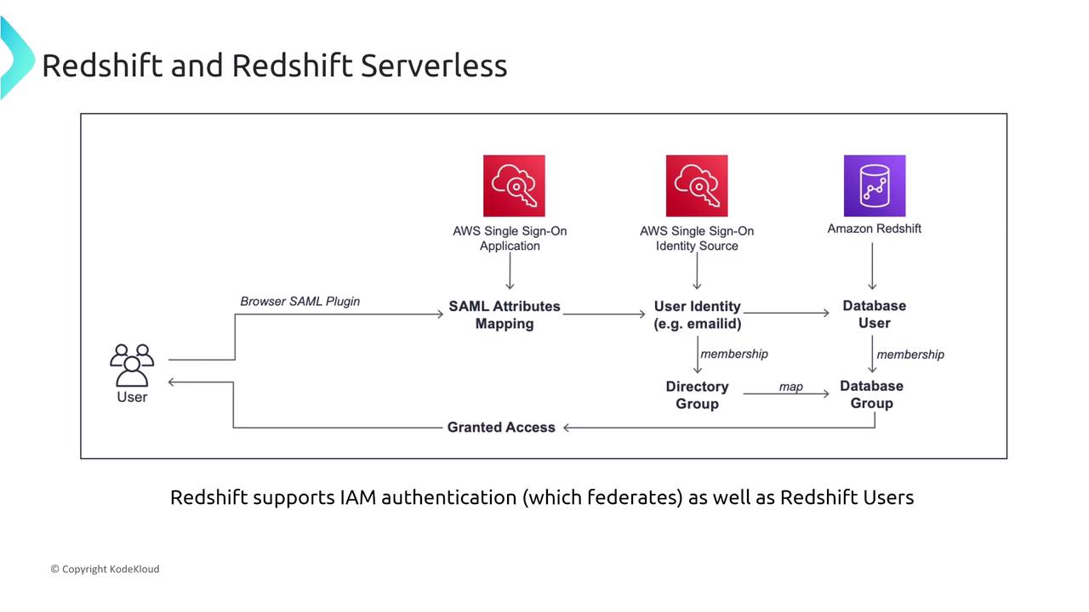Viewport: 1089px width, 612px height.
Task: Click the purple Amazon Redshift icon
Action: point(874,185)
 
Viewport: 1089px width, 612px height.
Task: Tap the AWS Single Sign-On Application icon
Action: point(514,185)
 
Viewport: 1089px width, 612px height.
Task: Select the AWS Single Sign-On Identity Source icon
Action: point(697,185)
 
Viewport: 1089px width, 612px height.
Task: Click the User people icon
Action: point(132,365)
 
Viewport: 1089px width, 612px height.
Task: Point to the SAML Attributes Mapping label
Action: point(505,314)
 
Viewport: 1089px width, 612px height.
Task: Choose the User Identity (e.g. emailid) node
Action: point(697,314)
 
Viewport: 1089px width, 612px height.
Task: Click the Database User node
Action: point(874,314)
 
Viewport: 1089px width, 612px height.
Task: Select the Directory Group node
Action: point(697,394)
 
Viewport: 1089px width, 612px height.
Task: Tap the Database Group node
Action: point(871,394)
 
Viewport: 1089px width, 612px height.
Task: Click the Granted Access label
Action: point(501,427)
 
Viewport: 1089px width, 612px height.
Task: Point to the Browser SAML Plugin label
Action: point(299,301)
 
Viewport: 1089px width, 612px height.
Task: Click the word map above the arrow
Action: point(790,387)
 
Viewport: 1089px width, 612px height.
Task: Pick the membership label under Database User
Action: point(910,354)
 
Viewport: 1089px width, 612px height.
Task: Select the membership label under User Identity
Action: point(733,353)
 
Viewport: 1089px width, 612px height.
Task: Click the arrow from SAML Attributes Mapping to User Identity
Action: point(604,314)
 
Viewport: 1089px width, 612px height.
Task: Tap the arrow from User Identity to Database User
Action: point(786,313)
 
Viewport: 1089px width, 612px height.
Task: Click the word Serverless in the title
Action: point(434,65)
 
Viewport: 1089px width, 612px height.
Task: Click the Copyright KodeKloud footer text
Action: point(105,569)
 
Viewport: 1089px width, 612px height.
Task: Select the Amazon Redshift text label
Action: point(874,229)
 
